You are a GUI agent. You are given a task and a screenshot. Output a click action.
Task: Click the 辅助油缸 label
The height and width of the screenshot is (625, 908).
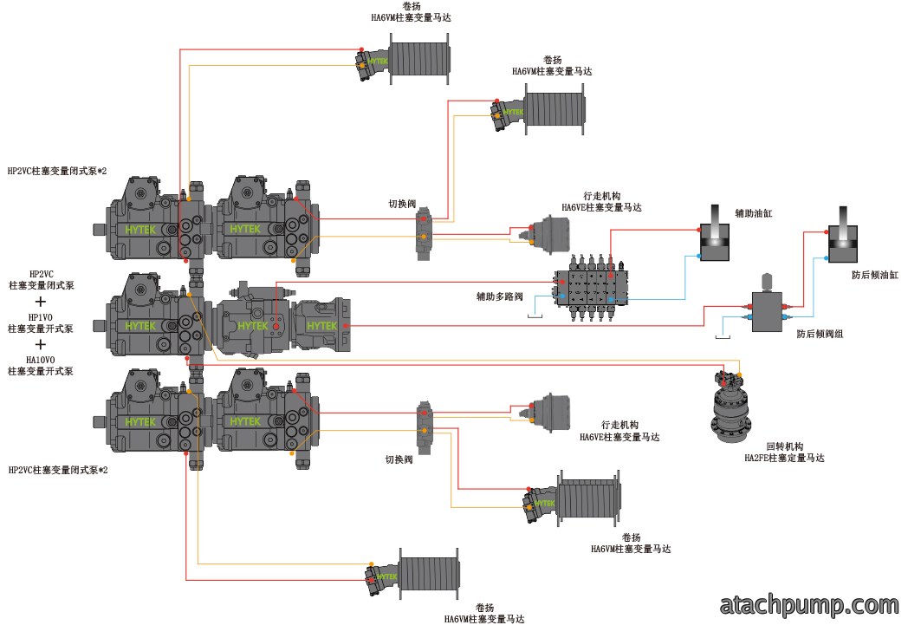click(754, 213)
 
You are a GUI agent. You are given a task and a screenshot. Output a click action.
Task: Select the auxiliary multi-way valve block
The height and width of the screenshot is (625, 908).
click(591, 286)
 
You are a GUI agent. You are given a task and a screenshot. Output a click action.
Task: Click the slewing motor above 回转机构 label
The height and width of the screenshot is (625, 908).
click(728, 407)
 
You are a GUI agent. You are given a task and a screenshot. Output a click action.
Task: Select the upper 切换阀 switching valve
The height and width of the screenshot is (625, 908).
click(424, 234)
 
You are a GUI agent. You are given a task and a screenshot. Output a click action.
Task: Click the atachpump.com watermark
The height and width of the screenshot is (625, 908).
click(809, 605)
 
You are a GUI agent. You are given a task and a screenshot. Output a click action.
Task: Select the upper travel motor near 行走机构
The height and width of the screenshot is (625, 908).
click(548, 234)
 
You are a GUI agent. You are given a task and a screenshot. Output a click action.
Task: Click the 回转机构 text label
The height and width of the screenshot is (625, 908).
click(785, 446)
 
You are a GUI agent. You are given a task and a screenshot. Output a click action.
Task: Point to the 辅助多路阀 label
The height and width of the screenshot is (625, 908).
click(499, 296)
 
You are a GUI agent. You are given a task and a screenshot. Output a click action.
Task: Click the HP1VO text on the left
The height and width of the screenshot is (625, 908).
click(41, 317)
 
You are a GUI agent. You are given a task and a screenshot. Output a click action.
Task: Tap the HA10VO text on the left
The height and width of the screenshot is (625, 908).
click(41, 360)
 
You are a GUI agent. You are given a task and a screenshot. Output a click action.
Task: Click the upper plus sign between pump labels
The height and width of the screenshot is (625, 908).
click(41, 301)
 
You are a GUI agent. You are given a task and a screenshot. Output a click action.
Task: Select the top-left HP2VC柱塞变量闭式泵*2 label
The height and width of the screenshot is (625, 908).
click(57, 171)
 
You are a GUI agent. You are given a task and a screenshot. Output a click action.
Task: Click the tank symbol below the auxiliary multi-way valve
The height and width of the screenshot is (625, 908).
click(535, 316)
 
